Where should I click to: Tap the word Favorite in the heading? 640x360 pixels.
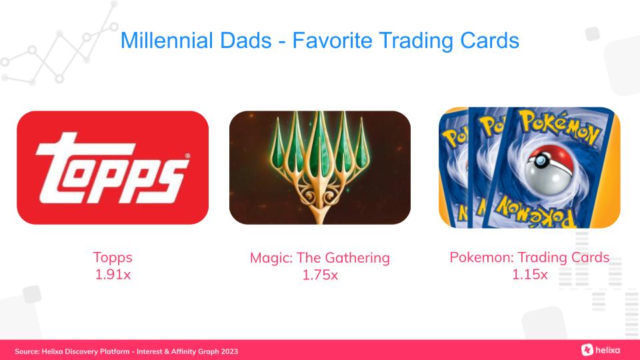pos(332,41)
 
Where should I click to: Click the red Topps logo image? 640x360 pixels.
pos(113,167)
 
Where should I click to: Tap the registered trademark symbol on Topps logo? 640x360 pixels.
pos(187,155)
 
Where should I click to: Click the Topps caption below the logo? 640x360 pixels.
pos(113,257)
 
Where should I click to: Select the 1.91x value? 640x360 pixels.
pos(113,274)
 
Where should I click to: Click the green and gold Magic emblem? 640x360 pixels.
pos(320,163)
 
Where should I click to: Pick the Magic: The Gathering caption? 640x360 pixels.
pos(320,258)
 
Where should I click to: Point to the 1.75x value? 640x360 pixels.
pos(320,275)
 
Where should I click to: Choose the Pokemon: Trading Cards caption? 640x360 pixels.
pos(529,257)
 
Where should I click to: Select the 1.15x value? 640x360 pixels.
pos(529,274)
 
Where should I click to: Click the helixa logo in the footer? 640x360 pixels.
pos(601,350)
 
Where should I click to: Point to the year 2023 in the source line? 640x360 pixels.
pos(229,351)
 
